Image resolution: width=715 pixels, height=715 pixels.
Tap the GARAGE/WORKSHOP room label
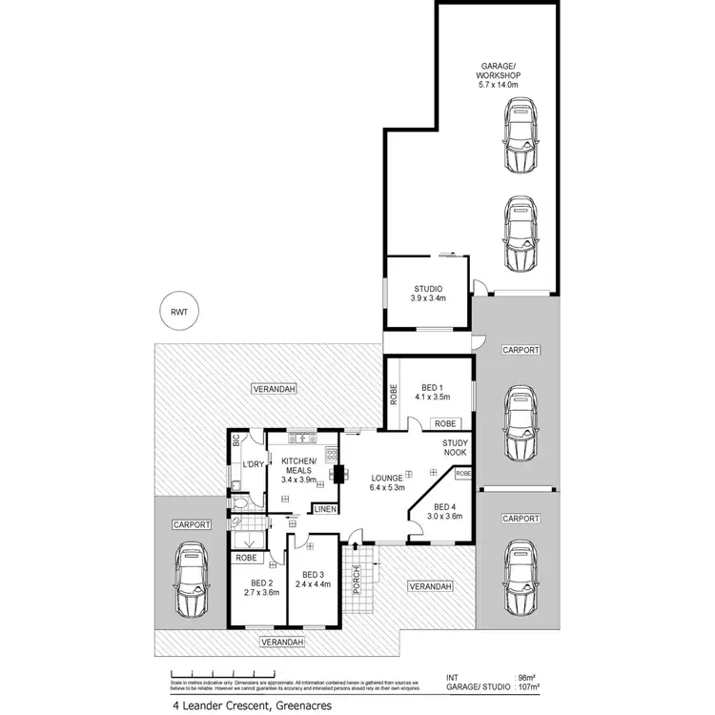click(500, 75)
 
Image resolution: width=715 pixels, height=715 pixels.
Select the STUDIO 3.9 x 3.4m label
click(428, 295)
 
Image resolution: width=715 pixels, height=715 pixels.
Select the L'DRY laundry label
click(252, 463)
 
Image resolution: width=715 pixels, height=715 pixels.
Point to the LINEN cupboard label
click(324, 509)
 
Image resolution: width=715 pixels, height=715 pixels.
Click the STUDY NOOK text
click(454, 447)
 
